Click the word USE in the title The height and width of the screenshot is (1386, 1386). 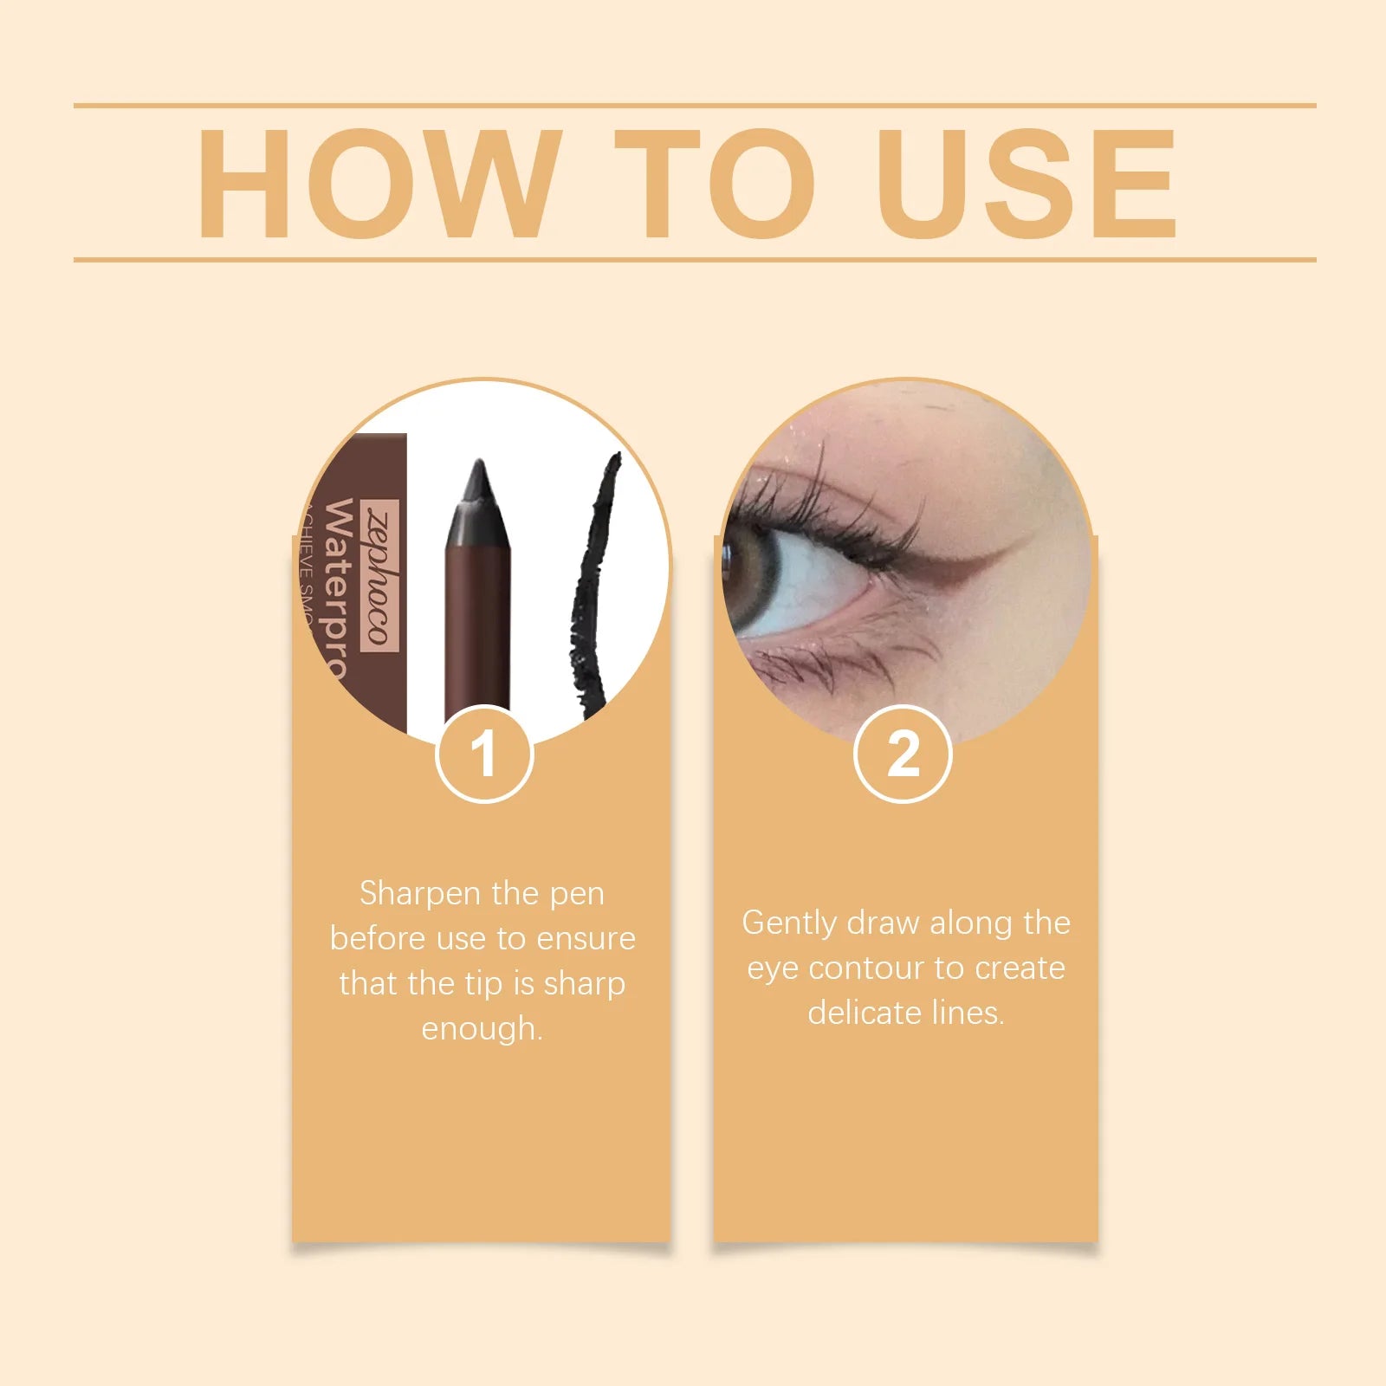coord(1027,184)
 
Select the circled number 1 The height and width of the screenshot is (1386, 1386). coord(484,755)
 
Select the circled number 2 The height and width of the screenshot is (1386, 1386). coord(903,755)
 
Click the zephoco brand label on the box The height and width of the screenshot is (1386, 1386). coord(381,576)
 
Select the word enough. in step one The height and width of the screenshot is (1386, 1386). coord(482,1029)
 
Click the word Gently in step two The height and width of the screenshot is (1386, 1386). coord(788,923)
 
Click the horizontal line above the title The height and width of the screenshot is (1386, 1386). coord(693,106)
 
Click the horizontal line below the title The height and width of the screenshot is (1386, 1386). coord(693,259)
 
